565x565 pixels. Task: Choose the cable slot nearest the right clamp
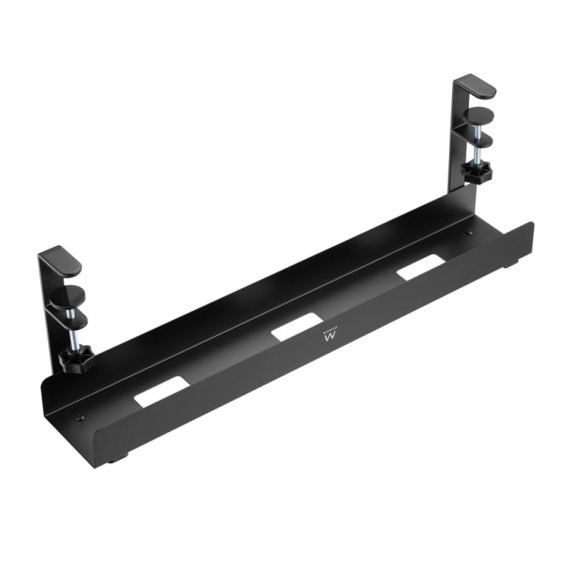420,266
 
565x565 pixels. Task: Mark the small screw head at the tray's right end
468,232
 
